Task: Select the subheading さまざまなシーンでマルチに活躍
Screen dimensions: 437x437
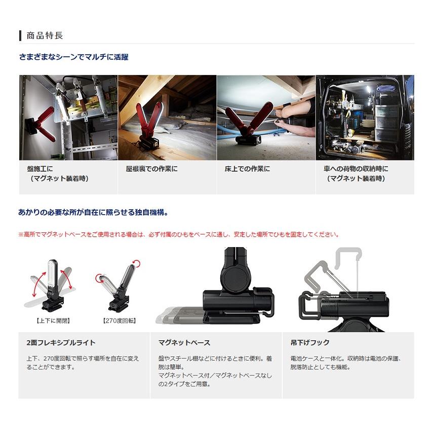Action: pos(73,57)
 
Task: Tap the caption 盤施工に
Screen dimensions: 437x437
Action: pos(40,169)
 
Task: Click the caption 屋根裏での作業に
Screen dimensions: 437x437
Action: pos(151,169)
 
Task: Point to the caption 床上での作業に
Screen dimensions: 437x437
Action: pos(247,169)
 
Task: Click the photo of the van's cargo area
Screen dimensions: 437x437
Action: pos(365,117)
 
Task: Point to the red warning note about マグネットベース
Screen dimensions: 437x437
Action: pos(178,234)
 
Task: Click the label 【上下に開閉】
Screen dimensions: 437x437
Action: pos(53,320)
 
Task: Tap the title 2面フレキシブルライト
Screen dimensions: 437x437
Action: pos(61,343)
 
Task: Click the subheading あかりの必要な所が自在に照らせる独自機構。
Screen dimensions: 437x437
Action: pos(93,213)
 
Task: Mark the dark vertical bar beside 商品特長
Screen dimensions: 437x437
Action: pos(20,36)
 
